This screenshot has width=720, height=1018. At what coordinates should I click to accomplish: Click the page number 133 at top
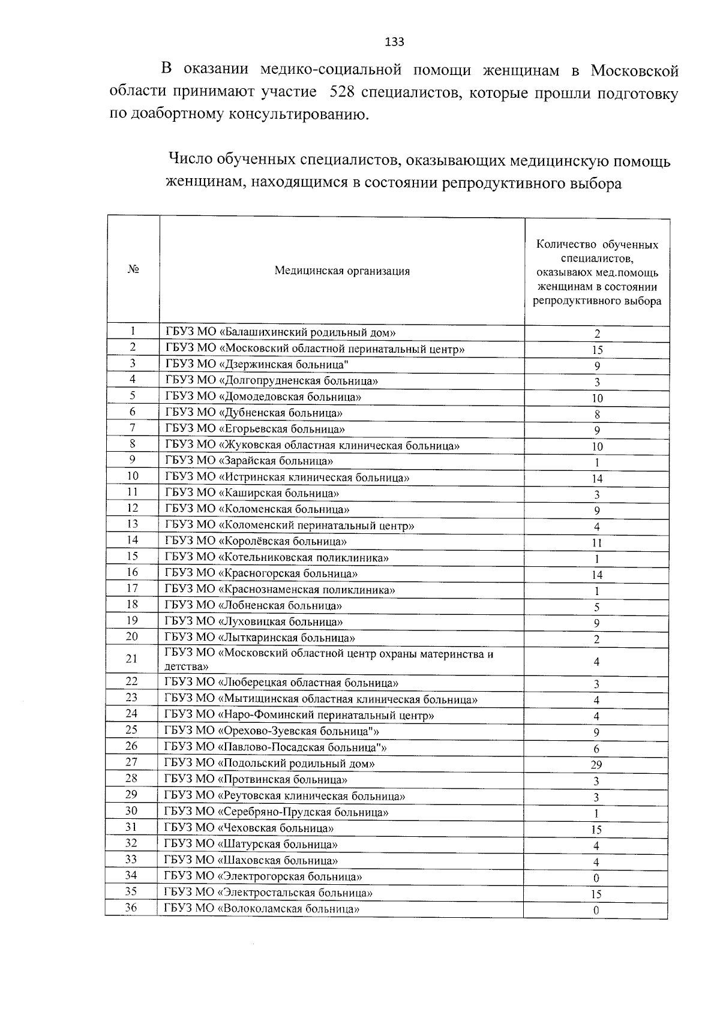pyautogui.click(x=394, y=42)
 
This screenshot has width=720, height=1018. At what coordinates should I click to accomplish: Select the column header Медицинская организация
pyautogui.click(x=342, y=271)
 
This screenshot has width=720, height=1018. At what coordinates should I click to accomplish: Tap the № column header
pyautogui.click(x=133, y=270)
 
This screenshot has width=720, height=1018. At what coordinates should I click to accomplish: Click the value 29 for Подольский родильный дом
pyautogui.click(x=596, y=765)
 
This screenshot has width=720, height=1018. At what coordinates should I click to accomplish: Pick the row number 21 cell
pyautogui.click(x=132, y=659)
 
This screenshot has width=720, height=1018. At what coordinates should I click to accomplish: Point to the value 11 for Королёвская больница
pyautogui.click(x=596, y=543)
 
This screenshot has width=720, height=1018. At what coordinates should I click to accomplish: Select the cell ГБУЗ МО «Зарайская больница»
pyautogui.click(x=249, y=461)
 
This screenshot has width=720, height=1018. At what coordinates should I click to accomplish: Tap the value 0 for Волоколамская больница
pyautogui.click(x=596, y=911)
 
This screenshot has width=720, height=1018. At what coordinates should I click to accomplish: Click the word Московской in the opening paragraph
pyautogui.click(x=634, y=71)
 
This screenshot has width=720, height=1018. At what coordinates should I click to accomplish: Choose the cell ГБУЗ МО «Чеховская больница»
pyautogui.click(x=250, y=828)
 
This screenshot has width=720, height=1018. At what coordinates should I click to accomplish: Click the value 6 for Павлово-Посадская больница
pyautogui.click(x=596, y=749)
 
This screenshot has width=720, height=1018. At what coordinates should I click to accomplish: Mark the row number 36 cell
pyautogui.click(x=131, y=908)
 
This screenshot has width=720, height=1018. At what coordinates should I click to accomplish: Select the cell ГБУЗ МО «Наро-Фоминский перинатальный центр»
pyautogui.click(x=299, y=715)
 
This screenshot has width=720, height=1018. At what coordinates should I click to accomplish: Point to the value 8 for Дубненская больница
pyautogui.click(x=596, y=415)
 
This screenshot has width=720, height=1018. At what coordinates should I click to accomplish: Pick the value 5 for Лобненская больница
pyautogui.click(x=596, y=607)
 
